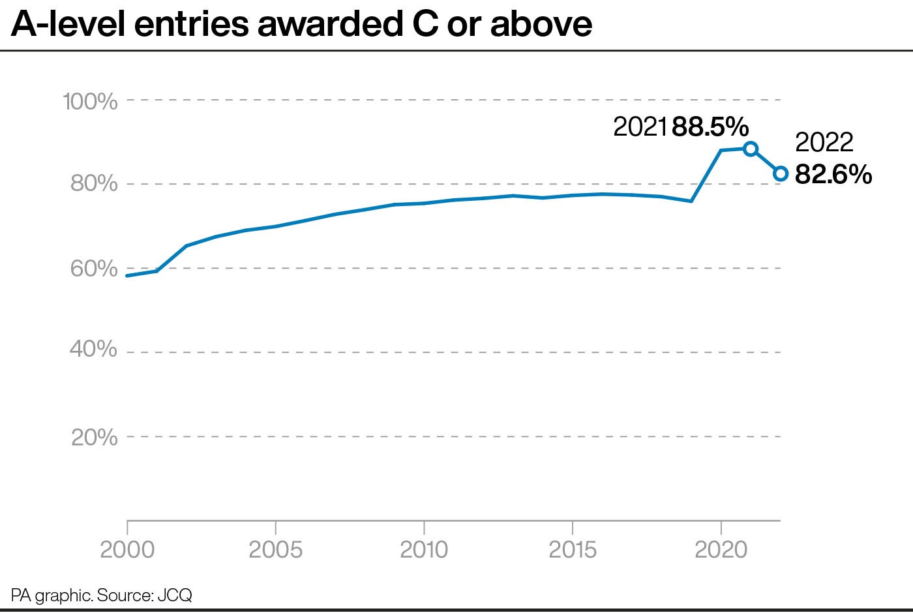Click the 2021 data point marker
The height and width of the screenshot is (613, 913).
point(751,149)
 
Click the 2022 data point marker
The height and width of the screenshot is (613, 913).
point(781,173)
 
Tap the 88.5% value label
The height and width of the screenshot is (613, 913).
point(710,127)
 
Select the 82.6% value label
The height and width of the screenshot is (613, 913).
point(833,174)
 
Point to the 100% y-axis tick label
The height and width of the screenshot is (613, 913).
point(90,102)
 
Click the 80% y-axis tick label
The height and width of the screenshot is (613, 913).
point(94,183)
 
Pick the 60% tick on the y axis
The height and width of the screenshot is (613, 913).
point(94,268)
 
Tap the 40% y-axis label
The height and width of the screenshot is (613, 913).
point(94,349)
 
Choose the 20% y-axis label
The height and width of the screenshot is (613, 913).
point(95,437)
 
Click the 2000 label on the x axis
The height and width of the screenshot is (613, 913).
point(127,550)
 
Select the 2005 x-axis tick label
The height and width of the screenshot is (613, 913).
point(276,550)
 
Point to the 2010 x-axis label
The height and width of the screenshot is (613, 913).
point(424,550)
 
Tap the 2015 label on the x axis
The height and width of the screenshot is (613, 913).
point(572,550)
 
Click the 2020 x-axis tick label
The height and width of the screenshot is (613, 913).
point(721,550)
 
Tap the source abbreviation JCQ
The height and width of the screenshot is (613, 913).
point(175,595)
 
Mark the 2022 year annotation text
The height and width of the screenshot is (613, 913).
point(824,142)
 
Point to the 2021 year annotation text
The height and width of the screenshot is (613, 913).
point(640,127)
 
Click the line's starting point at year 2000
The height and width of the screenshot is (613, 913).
point(127,276)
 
